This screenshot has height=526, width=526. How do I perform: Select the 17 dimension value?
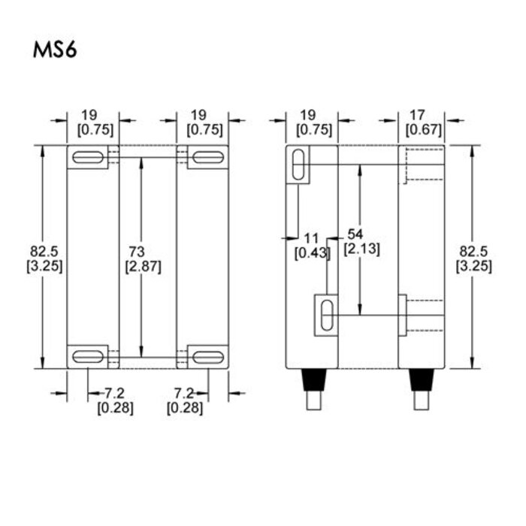pyautogui.click(x=418, y=115)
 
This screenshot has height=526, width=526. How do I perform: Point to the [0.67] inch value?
pyautogui.click(x=423, y=130)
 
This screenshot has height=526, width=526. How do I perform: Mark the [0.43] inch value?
pyautogui.click(x=313, y=253)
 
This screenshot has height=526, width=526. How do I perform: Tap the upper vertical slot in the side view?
pyautogui.click(x=298, y=163)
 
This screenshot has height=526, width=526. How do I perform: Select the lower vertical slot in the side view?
pyautogui.click(x=326, y=314)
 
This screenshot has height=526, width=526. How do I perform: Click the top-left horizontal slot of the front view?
pyautogui.click(x=89, y=157)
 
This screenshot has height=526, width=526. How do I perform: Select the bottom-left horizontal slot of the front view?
pyautogui.click(x=89, y=356)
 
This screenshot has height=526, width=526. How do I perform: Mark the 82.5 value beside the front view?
pyautogui.click(x=44, y=250)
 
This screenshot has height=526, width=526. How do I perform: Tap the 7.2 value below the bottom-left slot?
pyautogui.click(x=113, y=394)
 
